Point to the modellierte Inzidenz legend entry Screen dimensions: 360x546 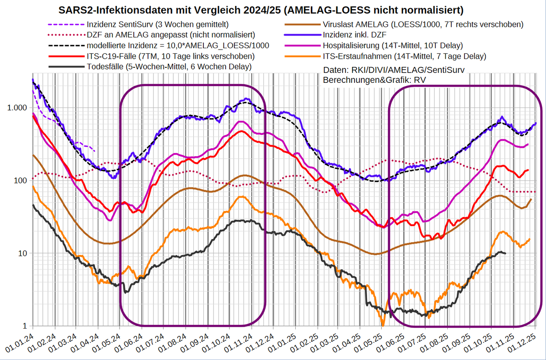[x=177, y=46]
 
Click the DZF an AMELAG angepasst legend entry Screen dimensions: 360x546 [x=170, y=35]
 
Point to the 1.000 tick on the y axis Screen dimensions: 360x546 [x=18, y=108]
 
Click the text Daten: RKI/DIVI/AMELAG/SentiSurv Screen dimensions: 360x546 [x=394, y=70]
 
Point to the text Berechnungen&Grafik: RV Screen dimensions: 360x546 [x=374, y=80]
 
